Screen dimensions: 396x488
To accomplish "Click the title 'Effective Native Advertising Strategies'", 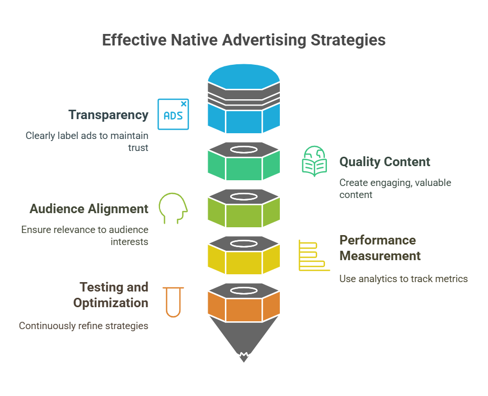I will click(x=244, y=40).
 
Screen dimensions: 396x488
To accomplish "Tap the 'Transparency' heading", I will click(x=108, y=115).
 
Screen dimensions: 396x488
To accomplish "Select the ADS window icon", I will click(x=173, y=114).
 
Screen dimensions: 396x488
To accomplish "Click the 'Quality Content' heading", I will click(x=384, y=162).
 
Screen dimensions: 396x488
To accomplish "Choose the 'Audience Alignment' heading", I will click(x=89, y=209).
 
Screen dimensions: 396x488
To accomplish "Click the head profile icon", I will click(x=173, y=208).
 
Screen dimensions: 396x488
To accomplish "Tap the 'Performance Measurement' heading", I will click(x=380, y=248).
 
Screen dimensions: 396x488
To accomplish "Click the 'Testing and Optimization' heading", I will click(x=111, y=295).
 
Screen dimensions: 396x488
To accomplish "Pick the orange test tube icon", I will click(x=173, y=302).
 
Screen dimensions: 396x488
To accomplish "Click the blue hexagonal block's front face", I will click(x=244, y=122).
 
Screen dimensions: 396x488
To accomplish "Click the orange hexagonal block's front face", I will click(x=244, y=310).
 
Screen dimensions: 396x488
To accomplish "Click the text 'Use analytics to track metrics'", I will click(x=403, y=279).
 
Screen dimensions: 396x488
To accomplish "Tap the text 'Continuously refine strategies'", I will click(x=84, y=326).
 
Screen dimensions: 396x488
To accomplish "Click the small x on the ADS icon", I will click(x=184, y=104).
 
